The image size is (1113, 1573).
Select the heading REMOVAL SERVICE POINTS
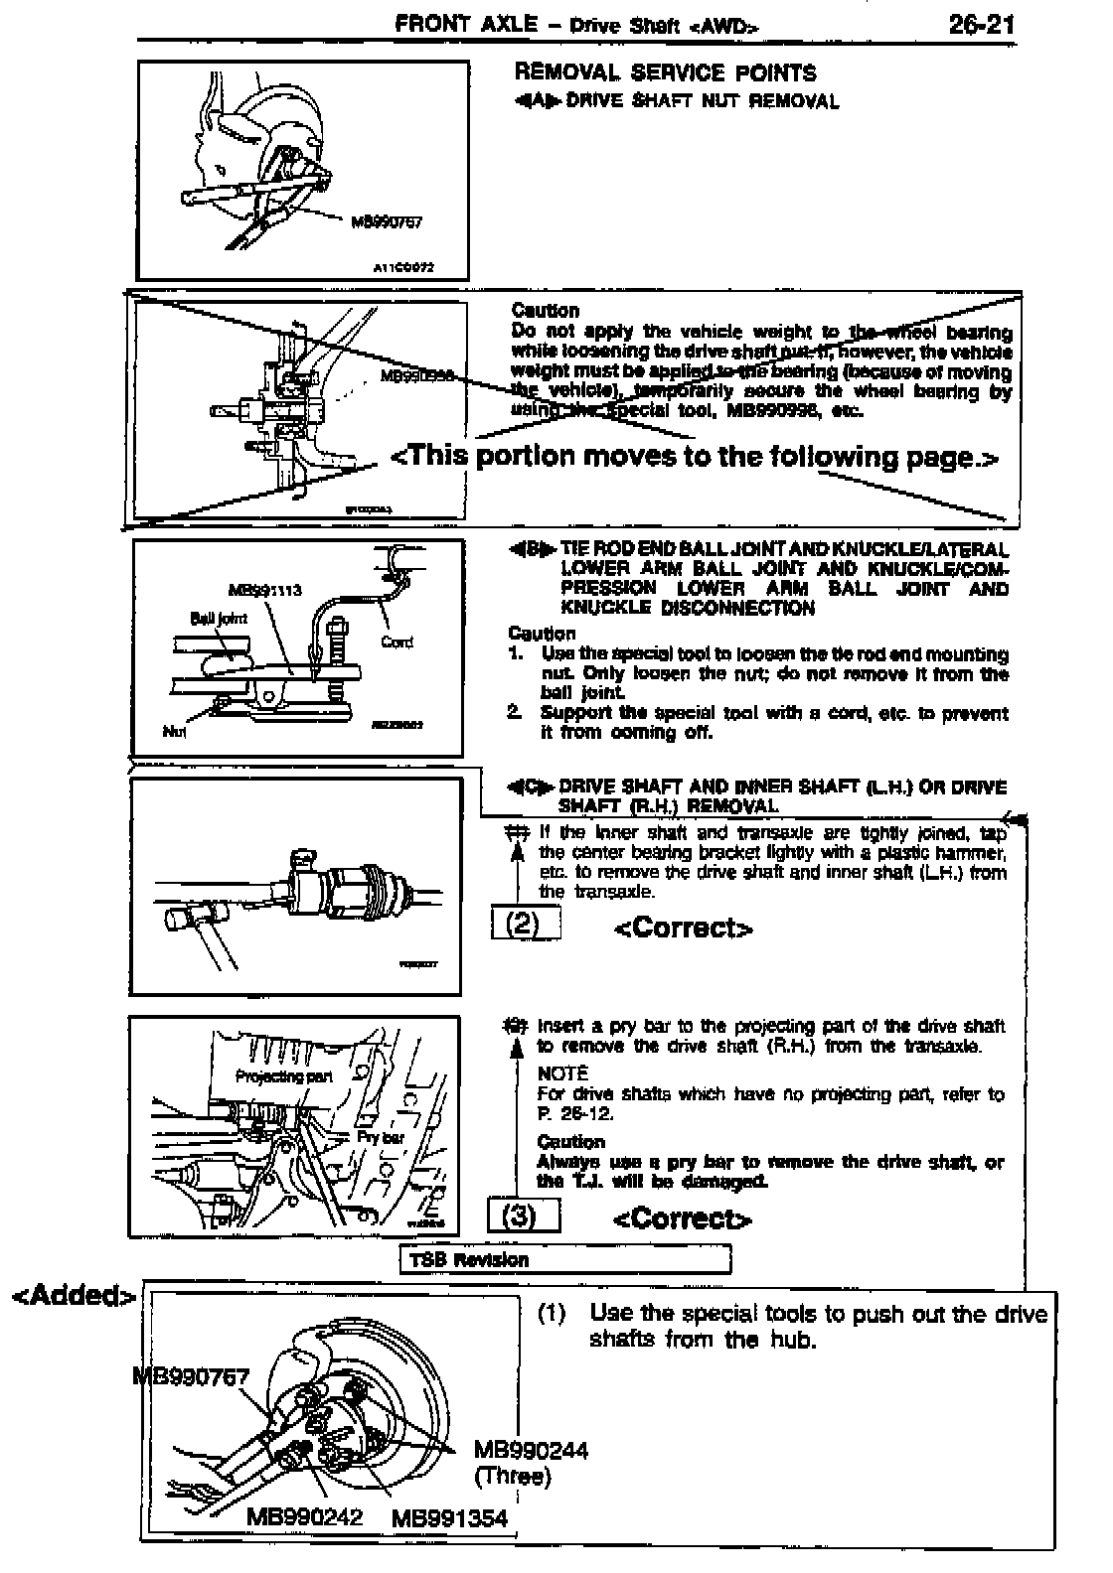[665, 72]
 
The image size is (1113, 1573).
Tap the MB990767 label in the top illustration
[387, 221]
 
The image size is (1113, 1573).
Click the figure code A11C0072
[404, 267]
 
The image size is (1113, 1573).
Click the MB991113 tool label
[264, 589]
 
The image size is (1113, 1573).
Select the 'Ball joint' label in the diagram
[219, 617]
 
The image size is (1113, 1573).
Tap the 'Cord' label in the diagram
[397, 642]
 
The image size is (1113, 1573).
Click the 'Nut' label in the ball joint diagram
[174, 733]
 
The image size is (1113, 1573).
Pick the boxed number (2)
[526, 925]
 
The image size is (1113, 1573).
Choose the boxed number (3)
[524, 1215]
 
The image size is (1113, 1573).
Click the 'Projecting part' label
[283, 1075]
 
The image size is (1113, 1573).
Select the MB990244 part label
[531, 1451]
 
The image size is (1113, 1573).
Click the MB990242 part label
[304, 1516]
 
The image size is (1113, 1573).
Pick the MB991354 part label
[449, 1517]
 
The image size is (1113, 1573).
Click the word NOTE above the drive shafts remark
[562, 1073]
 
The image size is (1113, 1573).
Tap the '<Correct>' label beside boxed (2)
[684, 928]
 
